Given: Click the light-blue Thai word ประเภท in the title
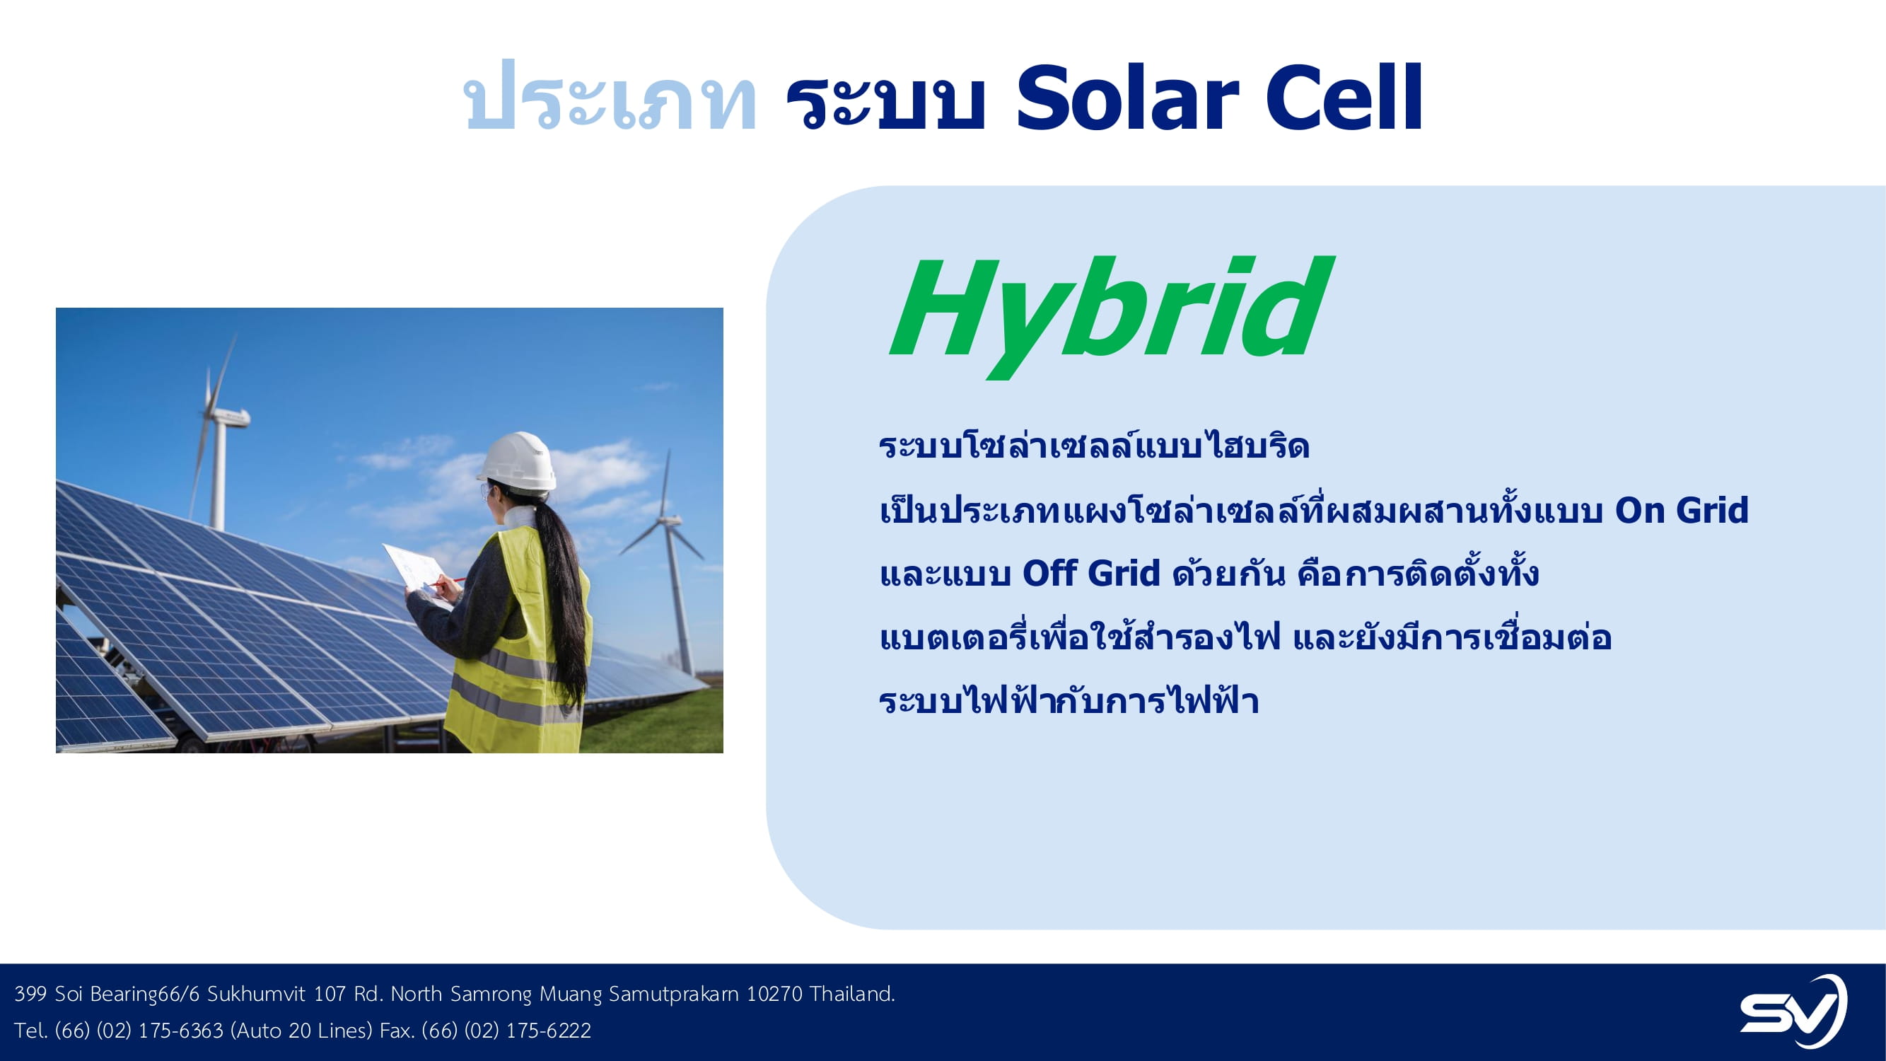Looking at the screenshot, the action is click(610, 98).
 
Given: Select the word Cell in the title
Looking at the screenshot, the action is click(1344, 98).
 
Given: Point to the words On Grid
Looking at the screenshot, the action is click(1682, 511).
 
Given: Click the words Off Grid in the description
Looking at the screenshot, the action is click(1091, 574).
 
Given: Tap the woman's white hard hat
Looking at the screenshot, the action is click(518, 460).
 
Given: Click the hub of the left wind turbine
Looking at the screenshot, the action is click(216, 415).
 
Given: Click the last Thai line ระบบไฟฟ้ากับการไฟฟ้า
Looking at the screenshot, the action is click(1069, 700).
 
